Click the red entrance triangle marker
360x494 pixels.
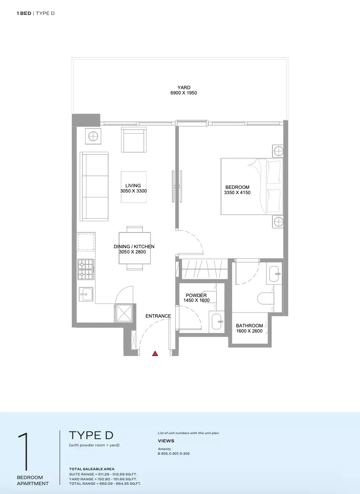155,354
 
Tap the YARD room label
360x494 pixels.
184,88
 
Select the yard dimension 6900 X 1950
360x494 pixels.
184,93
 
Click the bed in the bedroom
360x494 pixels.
251,186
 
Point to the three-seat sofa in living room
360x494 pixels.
94,186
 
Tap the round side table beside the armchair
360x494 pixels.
92,136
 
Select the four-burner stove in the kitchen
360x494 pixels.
86,270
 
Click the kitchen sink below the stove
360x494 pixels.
86,294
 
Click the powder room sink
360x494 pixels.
217,321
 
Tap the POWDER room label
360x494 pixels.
196,295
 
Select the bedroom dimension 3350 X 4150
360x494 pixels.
237,193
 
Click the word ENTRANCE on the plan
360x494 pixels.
158,316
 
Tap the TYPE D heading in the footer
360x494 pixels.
91,435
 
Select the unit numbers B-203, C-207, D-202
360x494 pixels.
174,454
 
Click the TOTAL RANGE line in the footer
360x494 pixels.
105,483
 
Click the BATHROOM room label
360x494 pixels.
249,326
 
